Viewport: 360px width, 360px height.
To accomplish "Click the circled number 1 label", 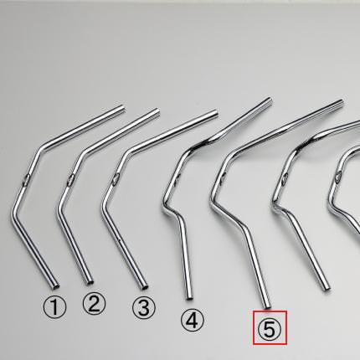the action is [x=54, y=307].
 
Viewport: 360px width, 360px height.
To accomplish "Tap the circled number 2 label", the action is [x=95, y=304].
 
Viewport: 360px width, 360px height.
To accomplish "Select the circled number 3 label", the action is [x=144, y=307].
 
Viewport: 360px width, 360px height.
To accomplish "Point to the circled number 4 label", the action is [x=193, y=321].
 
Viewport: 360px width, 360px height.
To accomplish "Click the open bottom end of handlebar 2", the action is [x=90, y=282].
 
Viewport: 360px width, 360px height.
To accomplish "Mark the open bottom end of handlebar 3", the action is [x=145, y=286].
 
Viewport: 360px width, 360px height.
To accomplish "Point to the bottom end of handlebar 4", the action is [x=189, y=298].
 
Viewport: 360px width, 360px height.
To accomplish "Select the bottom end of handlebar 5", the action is [x=267, y=306].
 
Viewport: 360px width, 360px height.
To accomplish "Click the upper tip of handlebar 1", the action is [x=121, y=107].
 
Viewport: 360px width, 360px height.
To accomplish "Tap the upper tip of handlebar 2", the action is [x=157, y=111].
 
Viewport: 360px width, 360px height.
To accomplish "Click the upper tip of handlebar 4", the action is [x=269, y=100].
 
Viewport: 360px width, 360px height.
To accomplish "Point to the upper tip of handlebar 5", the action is [x=341, y=103].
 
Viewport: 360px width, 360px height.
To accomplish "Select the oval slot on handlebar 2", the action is [x=70, y=179].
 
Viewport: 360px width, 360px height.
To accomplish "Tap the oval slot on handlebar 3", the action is [x=116, y=178].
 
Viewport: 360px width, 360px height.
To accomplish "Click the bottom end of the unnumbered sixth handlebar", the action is [x=327, y=289].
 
